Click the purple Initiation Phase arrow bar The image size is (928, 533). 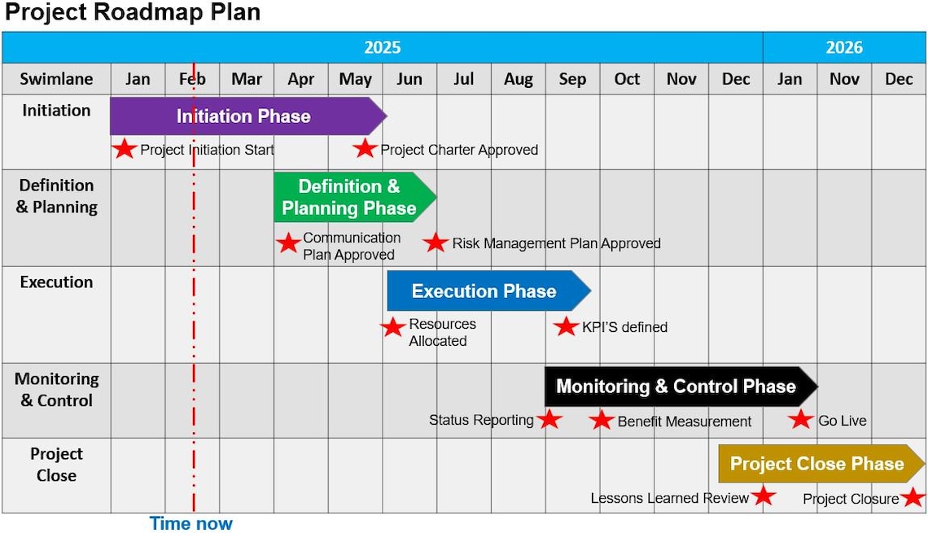point(244,116)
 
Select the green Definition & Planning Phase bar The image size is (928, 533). point(350,198)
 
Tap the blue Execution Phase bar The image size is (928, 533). point(484,291)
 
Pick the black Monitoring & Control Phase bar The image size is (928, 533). point(676,387)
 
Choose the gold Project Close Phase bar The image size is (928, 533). point(817,464)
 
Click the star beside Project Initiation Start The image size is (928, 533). point(124,149)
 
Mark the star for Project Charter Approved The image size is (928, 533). point(365,149)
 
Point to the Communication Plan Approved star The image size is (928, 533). point(288,243)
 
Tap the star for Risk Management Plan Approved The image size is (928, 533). point(436,242)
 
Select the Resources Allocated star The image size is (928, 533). point(393,327)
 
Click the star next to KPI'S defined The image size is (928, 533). point(566,326)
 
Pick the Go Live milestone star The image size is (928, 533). point(801,420)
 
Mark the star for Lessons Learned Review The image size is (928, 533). point(764,496)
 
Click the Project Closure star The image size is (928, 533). point(913,497)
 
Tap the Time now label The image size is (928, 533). point(191,523)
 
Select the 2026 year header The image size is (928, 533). point(844,47)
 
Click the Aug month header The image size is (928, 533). point(519,79)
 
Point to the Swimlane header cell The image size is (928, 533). point(56,79)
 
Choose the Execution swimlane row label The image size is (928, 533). point(56,282)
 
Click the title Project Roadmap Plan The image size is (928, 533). point(133,13)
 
